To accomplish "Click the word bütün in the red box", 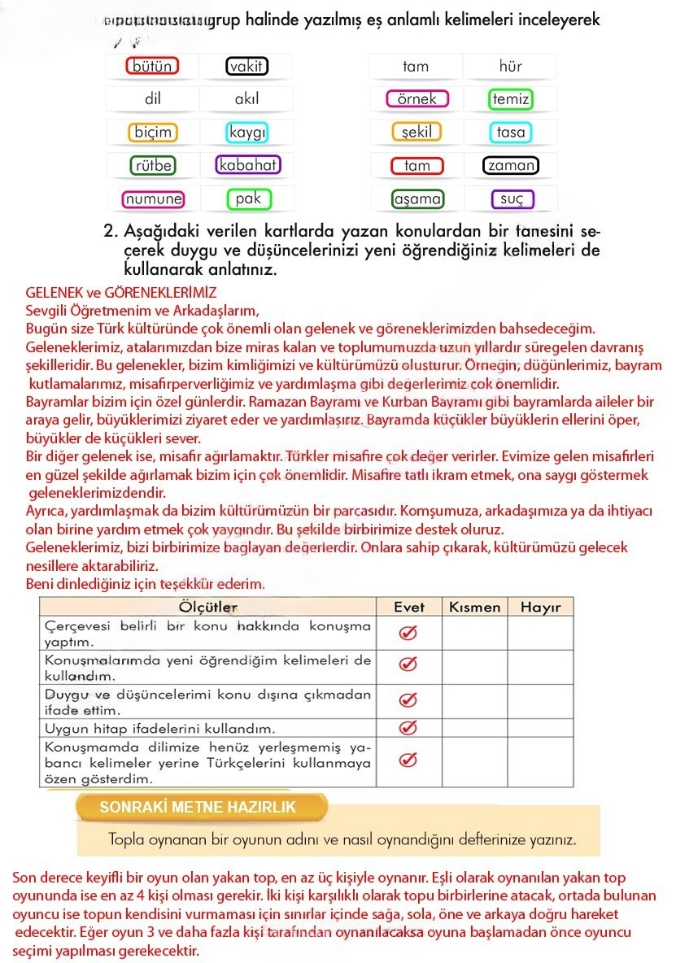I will coord(152,67).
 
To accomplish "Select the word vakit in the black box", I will coord(246,67).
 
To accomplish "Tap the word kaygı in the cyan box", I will coord(247,132).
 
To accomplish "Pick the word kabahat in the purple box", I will coord(248,165).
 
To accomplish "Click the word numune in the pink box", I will coord(153,198).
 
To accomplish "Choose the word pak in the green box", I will coord(247,198).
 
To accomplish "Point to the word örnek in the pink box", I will coord(417,99).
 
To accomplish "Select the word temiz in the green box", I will coord(511,99).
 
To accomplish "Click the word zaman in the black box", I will coord(511,166).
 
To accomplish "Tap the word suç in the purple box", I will coord(512,199).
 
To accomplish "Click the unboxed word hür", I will coord(511,67).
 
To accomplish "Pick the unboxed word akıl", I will coord(246,99).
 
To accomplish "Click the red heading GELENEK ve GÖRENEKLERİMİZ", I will coord(121,291).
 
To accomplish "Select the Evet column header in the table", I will coord(409,607).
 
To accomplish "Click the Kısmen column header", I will coord(474,607).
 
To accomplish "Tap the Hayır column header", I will coord(540,607).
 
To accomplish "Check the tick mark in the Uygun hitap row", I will coord(409,726).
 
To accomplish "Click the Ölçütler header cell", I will coord(207,607).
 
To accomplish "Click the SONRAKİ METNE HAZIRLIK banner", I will coord(198,807).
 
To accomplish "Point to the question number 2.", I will coord(111,231).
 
